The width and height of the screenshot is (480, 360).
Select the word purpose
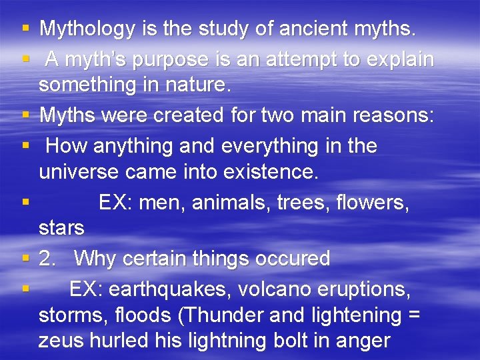pyautogui.click(x=171, y=59)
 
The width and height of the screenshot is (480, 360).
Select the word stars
pyautogui.click(x=61, y=229)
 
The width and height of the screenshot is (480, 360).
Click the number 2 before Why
pyautogui.click(x=45, y=258)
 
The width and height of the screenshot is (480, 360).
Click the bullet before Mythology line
pyautogui.click(x=25, y=29)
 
